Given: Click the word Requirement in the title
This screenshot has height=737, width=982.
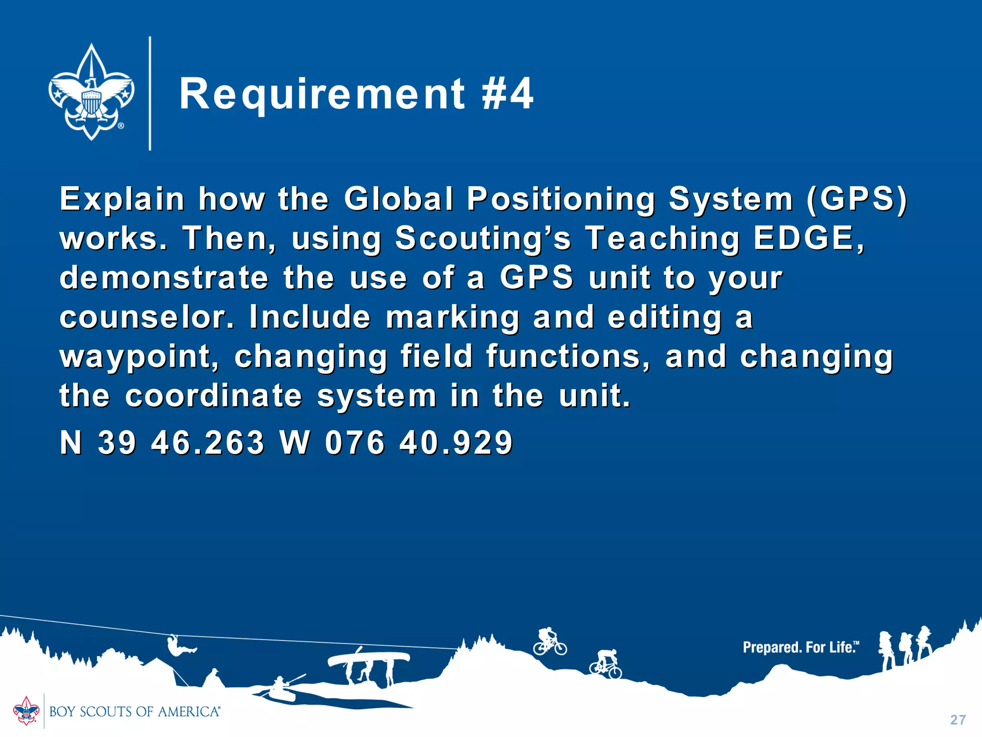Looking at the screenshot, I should pyautogui.click(x=322, y=94).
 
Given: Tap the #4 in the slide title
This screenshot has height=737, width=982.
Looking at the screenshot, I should pyautogui.click(x=507, y=94).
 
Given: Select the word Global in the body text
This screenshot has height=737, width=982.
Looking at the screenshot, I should pyautogui.click(x=398, y=199).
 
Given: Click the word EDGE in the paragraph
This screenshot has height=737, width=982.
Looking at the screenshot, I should pyautogui.click(x=808, y=238).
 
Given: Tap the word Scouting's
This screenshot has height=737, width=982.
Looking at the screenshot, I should pyautogui.click(x=483, y=238).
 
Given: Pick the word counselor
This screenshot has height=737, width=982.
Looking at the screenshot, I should pyautogui.click(x=146, y=317).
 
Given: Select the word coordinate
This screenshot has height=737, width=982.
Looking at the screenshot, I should pyautogui.click(x=213, y=396).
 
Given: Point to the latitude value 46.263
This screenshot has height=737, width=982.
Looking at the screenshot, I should pyautogui.click(x=208, y=442).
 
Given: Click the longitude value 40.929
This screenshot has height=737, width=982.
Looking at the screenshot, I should pyautogui.click(x=456, y=442).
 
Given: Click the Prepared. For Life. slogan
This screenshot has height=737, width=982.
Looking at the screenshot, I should pyautogui.click(x=800, y=647).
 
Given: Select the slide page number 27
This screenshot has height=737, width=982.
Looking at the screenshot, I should pyautogui.click(x=958, y=720).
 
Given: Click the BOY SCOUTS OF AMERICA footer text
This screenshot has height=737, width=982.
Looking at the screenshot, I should pyautogui.click(x=135, y=712).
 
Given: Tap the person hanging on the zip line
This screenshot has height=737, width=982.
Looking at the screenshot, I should pyautogui.click(x=179, y=647).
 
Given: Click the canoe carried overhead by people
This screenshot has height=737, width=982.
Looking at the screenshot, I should pyautogui.click(x=369, y=659).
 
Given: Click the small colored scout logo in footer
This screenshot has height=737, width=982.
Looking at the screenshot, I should pyautogui.click(x=26, y=711).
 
